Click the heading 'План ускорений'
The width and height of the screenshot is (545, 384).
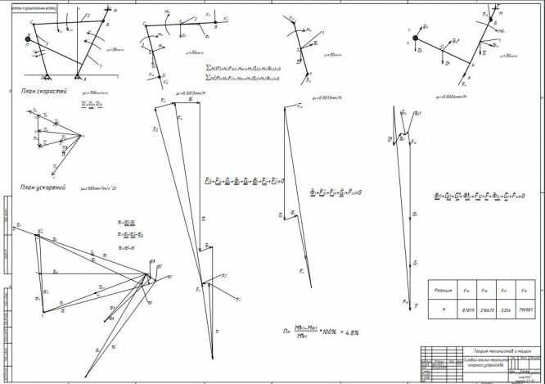pyautogui.click(x=38, y=187)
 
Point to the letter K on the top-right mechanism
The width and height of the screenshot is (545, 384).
pyautogui.click(x=470, y=65)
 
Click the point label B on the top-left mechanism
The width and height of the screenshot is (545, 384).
pyautogui.click(x=109, y=26)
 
